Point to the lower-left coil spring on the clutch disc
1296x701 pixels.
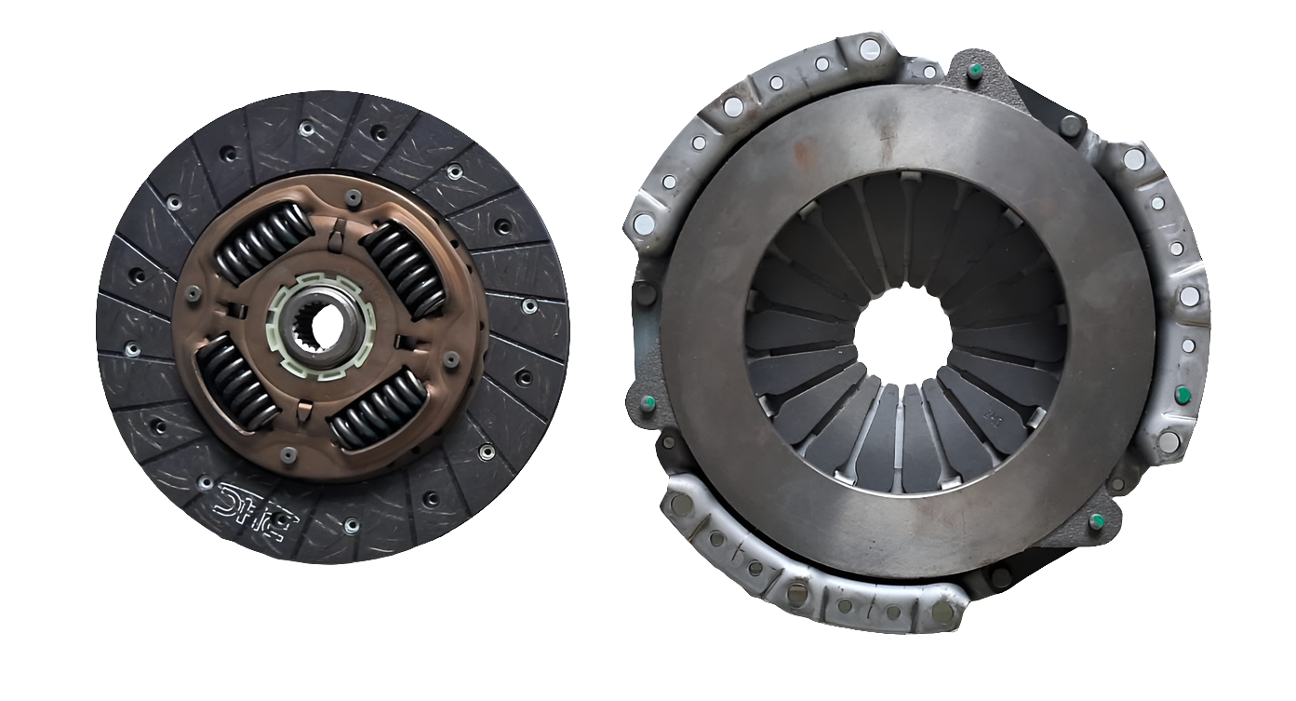click(236, 381)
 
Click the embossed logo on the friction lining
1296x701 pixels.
click(252, 502)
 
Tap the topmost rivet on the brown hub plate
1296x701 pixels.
click(353, 197)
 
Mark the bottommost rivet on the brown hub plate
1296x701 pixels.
click(288, 454)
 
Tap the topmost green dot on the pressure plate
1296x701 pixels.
click(975, 72)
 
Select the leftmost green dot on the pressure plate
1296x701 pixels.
click(648, 402)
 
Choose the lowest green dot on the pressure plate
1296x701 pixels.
click(1097, 519)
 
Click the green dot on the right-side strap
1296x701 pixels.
click(1183, 395)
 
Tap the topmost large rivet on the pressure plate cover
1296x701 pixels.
click(869, 48)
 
